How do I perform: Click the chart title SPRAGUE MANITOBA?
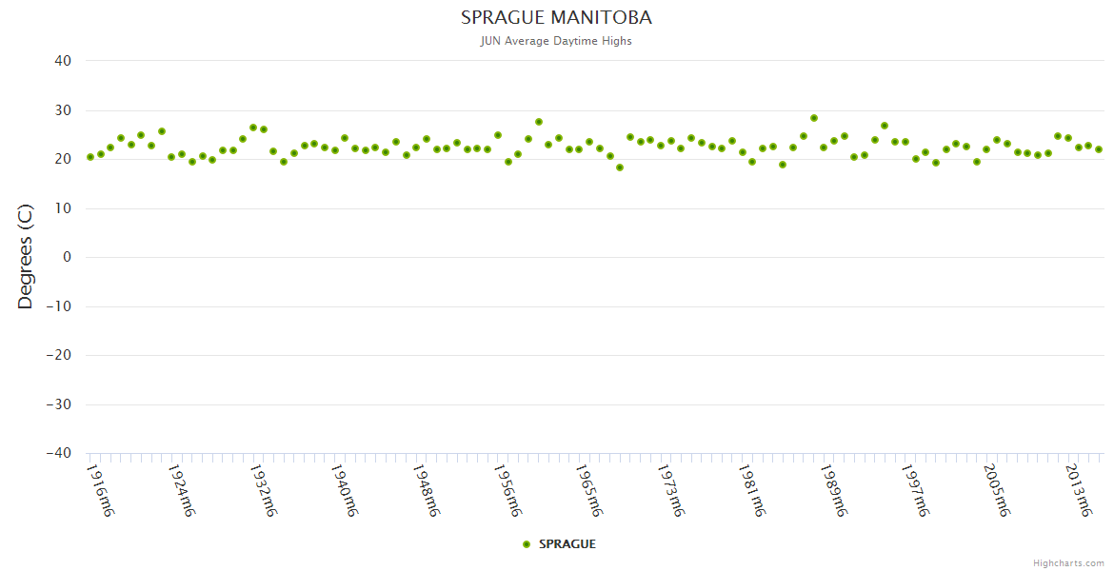556,18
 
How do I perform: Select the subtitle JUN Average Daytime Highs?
556,41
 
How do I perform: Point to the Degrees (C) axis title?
26,257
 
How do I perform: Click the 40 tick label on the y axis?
63,61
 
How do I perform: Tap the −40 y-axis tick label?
58,454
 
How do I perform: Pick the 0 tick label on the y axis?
68,257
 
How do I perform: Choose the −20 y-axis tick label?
58,356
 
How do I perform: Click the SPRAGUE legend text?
567,544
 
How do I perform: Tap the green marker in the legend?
527,544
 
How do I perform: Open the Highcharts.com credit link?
1068,563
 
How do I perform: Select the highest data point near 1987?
814,118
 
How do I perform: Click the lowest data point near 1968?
620,167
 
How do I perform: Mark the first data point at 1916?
90,157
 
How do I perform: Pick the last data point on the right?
1099,149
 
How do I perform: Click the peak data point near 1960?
539,122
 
